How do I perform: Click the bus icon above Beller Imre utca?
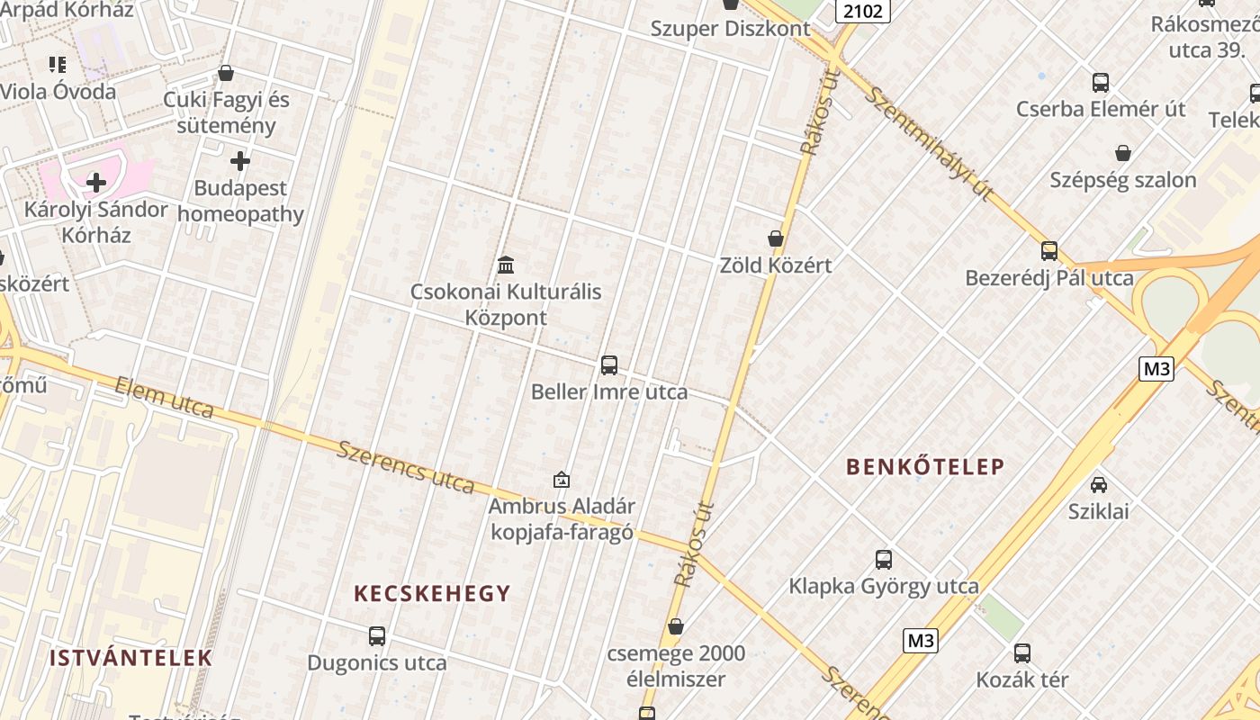[x=609, y=365]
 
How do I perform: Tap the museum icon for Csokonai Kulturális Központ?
[x=506, y=265]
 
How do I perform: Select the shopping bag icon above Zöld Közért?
[x=776, y=238]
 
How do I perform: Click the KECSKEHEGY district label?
[x=432, y=593]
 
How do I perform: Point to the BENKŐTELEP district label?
[x=925, y=466]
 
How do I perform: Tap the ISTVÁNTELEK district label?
[x=130, y=658]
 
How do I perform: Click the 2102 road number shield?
[x=863, y=10]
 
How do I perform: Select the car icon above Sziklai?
[x=1099, y=484]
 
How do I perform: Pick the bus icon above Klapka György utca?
[x=884, y=560]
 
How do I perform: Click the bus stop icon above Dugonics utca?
[x=377, y=636]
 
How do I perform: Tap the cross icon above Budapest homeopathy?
[x=240, y=162]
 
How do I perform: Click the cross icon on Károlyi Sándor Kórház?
[x=96, y=183]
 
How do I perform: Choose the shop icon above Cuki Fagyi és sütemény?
[x=226, y=73]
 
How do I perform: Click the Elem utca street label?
[x=165, y=398]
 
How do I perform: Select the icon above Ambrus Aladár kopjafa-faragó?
[x=562, y=480]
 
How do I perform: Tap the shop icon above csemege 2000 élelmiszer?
[x=676, y=626]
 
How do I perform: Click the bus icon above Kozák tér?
[x=1022, y=653]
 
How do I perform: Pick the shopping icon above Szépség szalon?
[x=1123, y=153]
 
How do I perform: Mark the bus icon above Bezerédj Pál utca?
[x=1049, y=251]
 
